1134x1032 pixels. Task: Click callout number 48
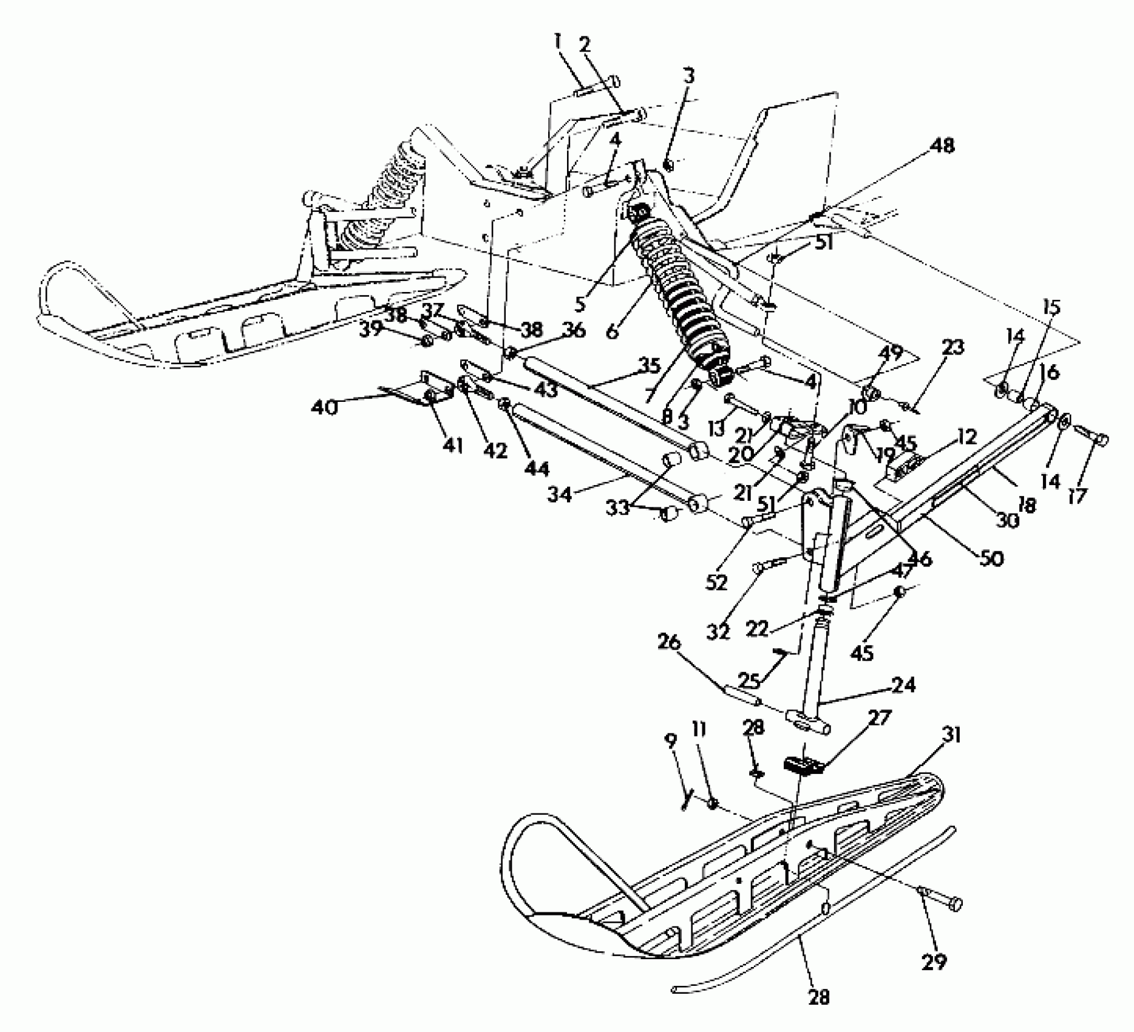pyautogui.click(x=939, y=146)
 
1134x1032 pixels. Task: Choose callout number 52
pyautogui.click(x=716, y=583)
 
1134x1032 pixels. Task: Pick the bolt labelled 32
pyautogui.click(x=770, y=565)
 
